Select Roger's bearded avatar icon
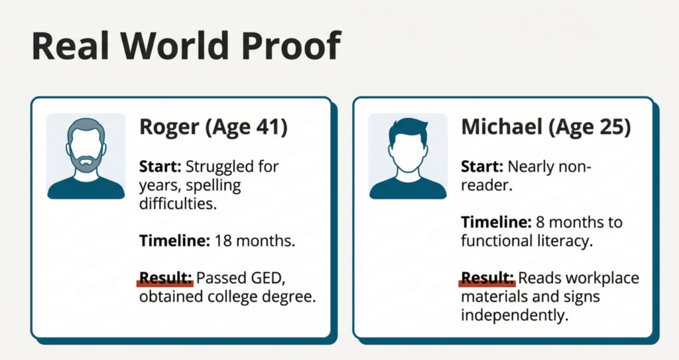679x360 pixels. click(86, 156)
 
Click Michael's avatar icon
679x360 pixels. click(408, 156)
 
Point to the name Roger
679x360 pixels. click(169, 127)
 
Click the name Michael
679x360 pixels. click(502, 127)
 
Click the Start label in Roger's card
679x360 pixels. click(160, 166)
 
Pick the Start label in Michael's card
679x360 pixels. click(482, 166)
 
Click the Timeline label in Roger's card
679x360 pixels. click(174, 241)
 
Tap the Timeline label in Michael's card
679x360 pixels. click(496, 222)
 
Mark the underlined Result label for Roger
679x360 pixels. click(166, 278)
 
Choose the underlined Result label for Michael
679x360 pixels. click(487, 278)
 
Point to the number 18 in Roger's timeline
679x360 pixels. click(223, 241)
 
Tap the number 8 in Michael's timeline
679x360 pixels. click(540, 222)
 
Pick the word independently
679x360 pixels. click(515, 316)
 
